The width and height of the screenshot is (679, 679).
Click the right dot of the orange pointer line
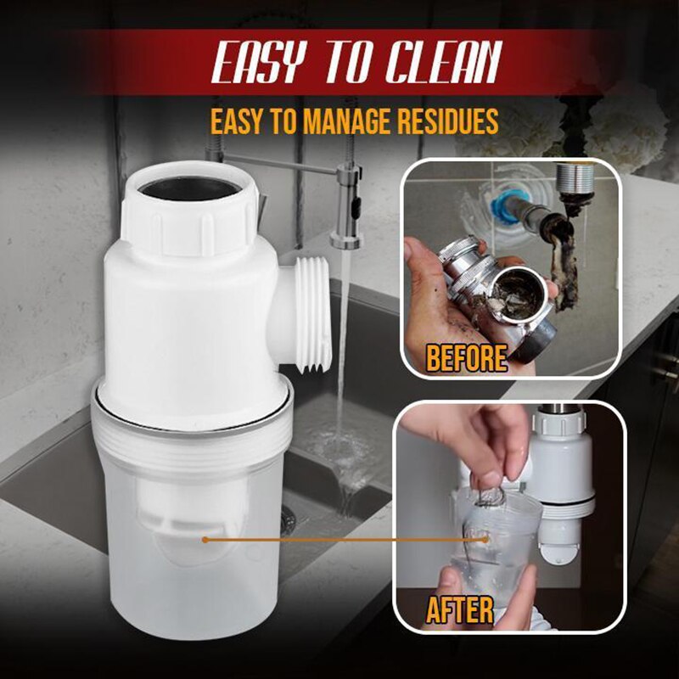click(x=485, y=538)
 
